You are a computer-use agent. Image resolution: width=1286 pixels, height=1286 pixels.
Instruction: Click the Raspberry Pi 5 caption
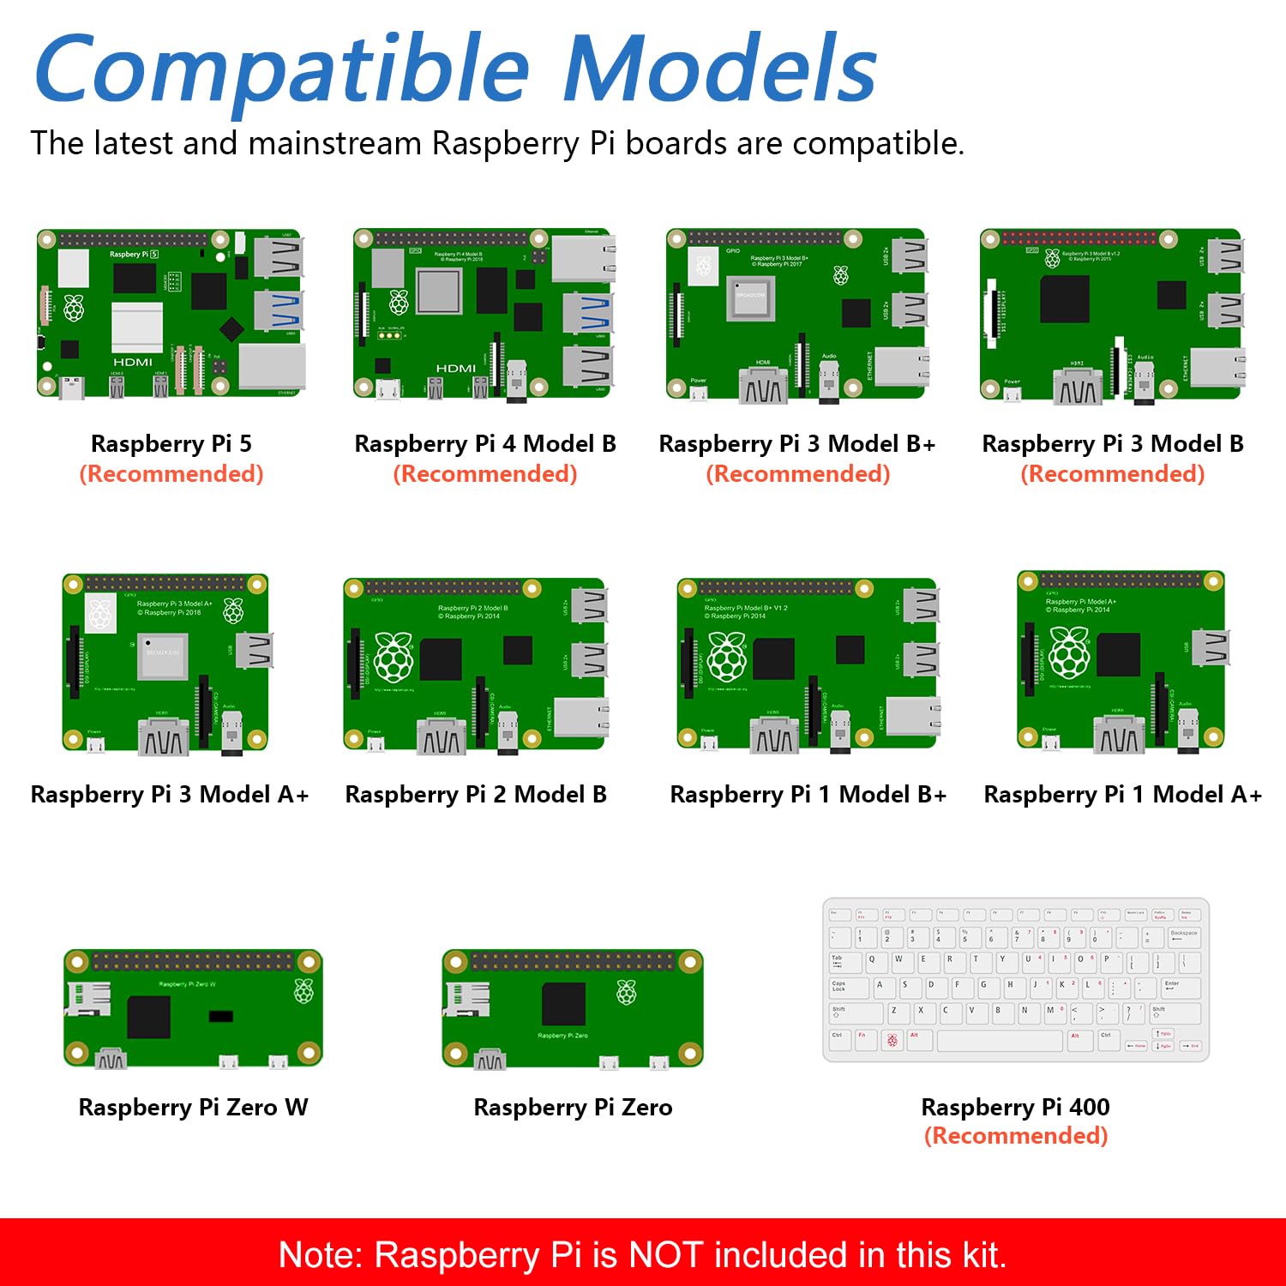tap(171, 443)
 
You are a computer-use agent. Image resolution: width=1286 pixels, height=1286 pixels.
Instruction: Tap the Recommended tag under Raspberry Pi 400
tap(1016, 1136)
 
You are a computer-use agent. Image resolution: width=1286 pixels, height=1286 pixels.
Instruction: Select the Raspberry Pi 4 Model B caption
tap(485, 443)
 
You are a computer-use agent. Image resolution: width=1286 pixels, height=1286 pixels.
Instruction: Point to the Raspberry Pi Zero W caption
tap(193, 1107)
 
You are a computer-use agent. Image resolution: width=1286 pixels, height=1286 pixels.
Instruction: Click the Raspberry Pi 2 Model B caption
tap(476, 795)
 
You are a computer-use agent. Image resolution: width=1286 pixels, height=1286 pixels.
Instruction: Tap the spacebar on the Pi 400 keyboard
tap(1000, 1040)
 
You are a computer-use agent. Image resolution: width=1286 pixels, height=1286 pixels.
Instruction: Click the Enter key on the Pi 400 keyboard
tap(1180, 987)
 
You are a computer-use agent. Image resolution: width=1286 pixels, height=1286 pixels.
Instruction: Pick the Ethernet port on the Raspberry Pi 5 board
tap(272, 367)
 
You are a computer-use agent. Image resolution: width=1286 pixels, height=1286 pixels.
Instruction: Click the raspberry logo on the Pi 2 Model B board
tap(394, 658)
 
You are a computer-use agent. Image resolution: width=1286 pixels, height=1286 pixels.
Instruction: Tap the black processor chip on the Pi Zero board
tap(563, 1003)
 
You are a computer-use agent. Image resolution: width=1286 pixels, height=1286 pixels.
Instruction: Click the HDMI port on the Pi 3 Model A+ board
tap(164, 738)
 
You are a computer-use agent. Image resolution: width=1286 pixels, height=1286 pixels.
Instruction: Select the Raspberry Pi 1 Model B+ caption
tap(808, 795)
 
